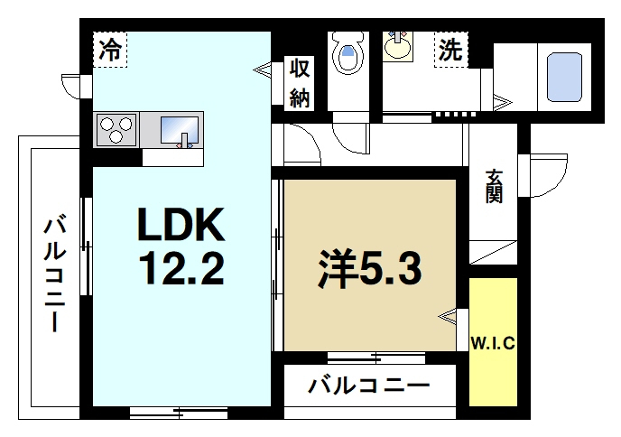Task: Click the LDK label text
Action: (179, 223)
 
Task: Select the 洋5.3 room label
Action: (368, 268)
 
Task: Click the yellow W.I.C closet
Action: (493, 342)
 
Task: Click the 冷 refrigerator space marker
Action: (109, 51)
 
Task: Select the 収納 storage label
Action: (300, 82)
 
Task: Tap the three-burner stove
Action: (114, 129)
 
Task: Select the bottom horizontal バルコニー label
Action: (367, 386)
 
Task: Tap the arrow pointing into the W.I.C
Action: (448, 316)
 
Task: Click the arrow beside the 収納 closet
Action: (263, 68)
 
